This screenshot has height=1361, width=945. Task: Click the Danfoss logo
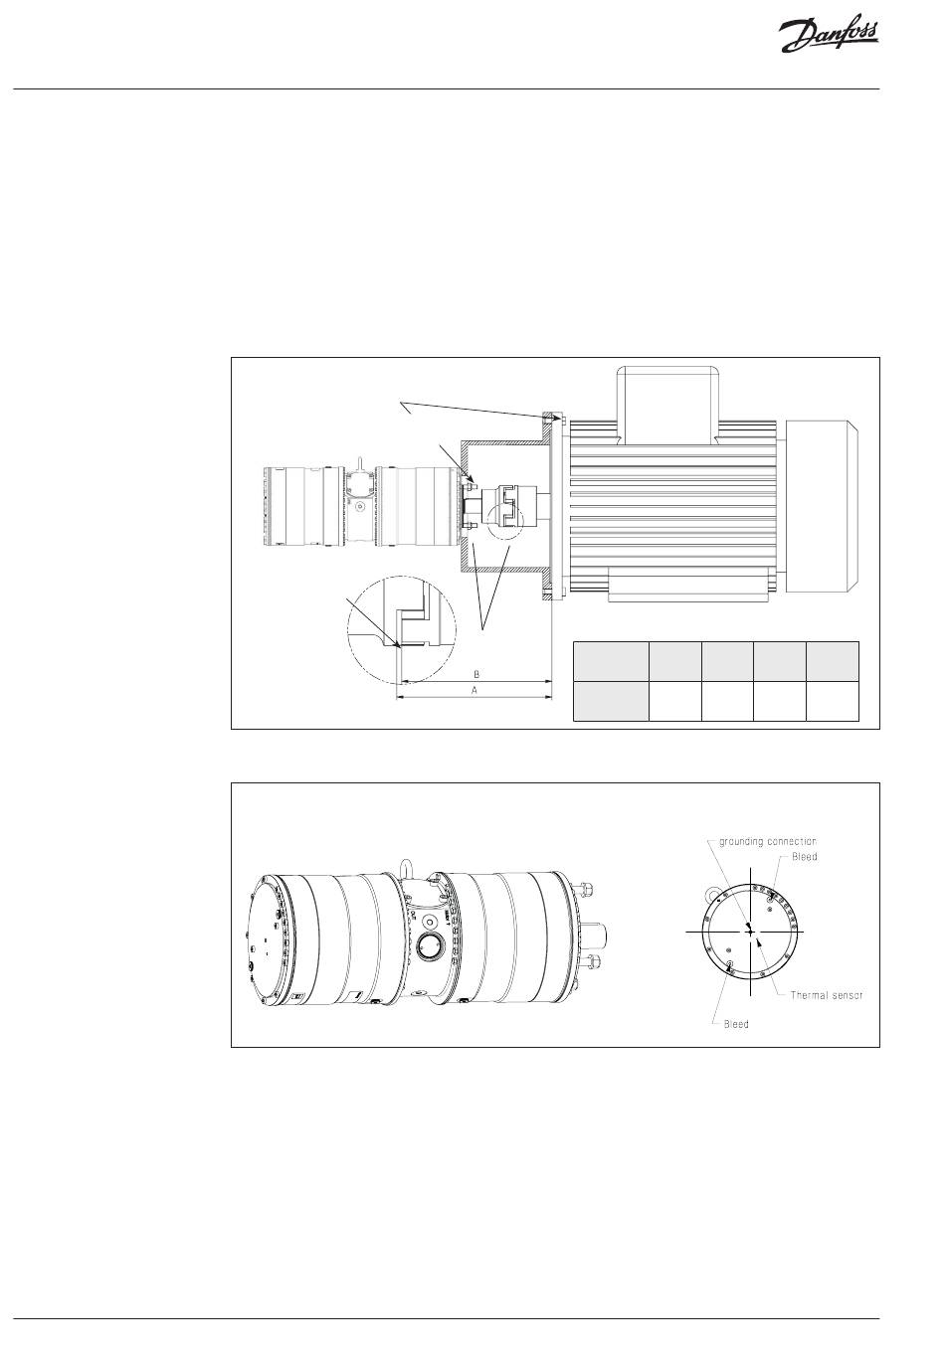[x=828, y=37]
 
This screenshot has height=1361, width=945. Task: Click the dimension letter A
[x=474, y=690]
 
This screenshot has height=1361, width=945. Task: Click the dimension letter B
[x=476, y=674]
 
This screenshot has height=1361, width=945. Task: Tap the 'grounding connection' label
[x=767, y=841]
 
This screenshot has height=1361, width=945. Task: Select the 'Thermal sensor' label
[x=826, y=995]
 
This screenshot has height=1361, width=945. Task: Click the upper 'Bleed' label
[x=804, y=857]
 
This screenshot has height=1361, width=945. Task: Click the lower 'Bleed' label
[x=736, y=1024]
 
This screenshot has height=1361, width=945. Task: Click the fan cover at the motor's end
[x=821, y=504]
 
